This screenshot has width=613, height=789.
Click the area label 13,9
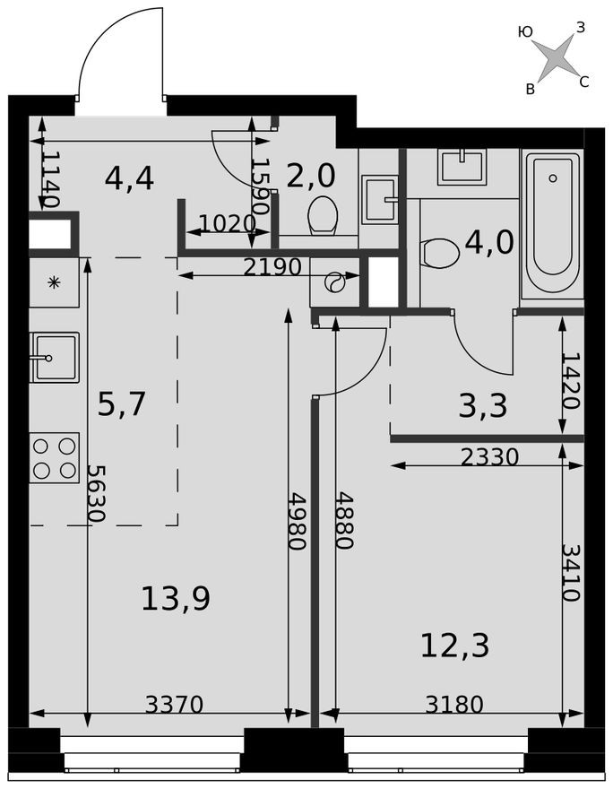tap(176, 598)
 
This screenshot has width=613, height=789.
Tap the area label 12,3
tap(454, 645)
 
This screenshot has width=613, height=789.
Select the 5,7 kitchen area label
tap(121, 404)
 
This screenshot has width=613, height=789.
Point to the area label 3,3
tap(482, 406)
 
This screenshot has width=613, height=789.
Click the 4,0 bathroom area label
tap(489, 242)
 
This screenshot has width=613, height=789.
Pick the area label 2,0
tap(310, 175)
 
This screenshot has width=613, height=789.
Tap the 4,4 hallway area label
tap(129, 178)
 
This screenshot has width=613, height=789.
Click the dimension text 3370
tap(174, 705)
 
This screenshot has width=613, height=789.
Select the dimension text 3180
tap(453, 705)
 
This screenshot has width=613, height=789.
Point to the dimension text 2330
tap(489, 457)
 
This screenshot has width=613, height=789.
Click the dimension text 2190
tap(271, 266)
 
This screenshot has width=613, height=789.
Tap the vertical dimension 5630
tap(96, 493)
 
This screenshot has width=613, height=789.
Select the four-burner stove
tap(54, 457)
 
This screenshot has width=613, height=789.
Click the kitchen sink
tap(54, 357)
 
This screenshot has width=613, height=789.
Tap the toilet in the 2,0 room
tap(322, 215)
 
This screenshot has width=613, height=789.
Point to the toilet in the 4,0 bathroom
tap(439, 253)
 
